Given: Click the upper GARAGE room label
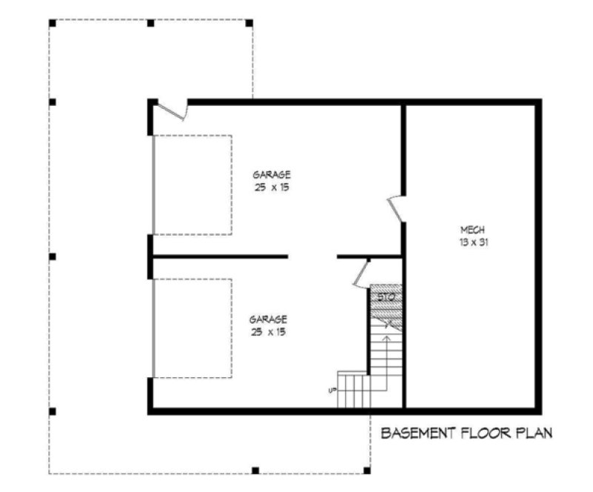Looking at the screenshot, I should (x=272, y=175).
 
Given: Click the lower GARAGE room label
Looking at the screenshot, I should (x=269, y=319).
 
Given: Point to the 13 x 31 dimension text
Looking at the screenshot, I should (x=472, y=242).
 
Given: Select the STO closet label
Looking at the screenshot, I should (x=385, y=297).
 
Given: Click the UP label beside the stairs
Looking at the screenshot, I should (x=332, y=390).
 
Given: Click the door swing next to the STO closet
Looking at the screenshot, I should (x=362, y=273).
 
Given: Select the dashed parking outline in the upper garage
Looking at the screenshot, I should (x=192, y=184).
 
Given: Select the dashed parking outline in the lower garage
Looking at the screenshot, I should (x=192, y=328).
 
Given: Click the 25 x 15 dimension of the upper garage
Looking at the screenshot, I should (x=272, y=187).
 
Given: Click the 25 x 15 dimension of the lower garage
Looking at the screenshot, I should (x=269, y=331).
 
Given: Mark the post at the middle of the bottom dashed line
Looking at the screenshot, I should (x=255, y=470).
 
